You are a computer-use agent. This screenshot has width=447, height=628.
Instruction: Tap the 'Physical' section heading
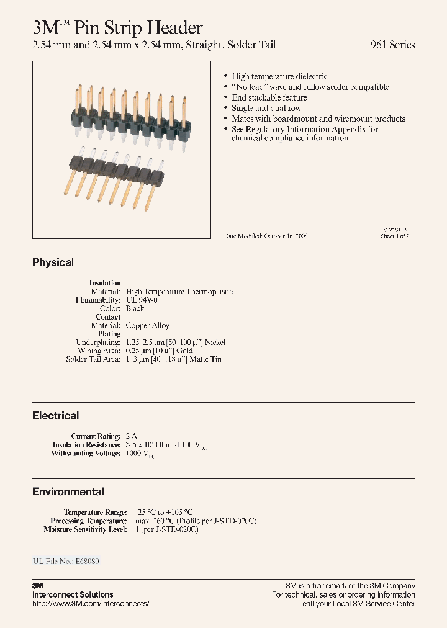click(x=53, y=262)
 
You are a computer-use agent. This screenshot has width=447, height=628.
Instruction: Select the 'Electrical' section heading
click(x=55, y=416)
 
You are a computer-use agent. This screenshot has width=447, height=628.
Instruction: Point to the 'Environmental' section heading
click(x=68, y=491)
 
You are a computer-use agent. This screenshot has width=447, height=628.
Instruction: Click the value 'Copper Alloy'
click(x=147, y=325)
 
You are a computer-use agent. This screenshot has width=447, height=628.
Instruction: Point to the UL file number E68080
click(x=87, y=561)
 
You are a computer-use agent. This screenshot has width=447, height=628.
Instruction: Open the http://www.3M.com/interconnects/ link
click(x=91, y=603)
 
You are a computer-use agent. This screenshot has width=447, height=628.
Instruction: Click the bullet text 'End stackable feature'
click(x=269, y=97)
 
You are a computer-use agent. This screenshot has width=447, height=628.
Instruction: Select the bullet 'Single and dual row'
click(x=266, y=108)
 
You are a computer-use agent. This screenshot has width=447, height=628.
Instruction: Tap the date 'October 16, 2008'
click(x=286, y=236)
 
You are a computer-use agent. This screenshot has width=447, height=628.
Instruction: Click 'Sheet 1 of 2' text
click(x=395, y=236)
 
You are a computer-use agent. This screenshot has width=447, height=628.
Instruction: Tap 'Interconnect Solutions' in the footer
click(x=73, y=594)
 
